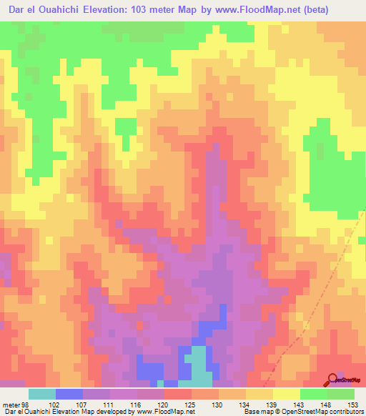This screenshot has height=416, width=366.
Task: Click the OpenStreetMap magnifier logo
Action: tap(332, 379)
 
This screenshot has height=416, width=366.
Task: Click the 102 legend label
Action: tap(55, 405)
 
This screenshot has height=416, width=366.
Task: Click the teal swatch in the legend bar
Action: tap(41, 394)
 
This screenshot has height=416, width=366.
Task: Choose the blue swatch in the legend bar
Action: tap(69, 394)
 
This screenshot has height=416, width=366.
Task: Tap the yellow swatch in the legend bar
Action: tap(287, 394)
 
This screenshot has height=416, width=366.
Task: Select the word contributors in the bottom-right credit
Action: tap(345, 412)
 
